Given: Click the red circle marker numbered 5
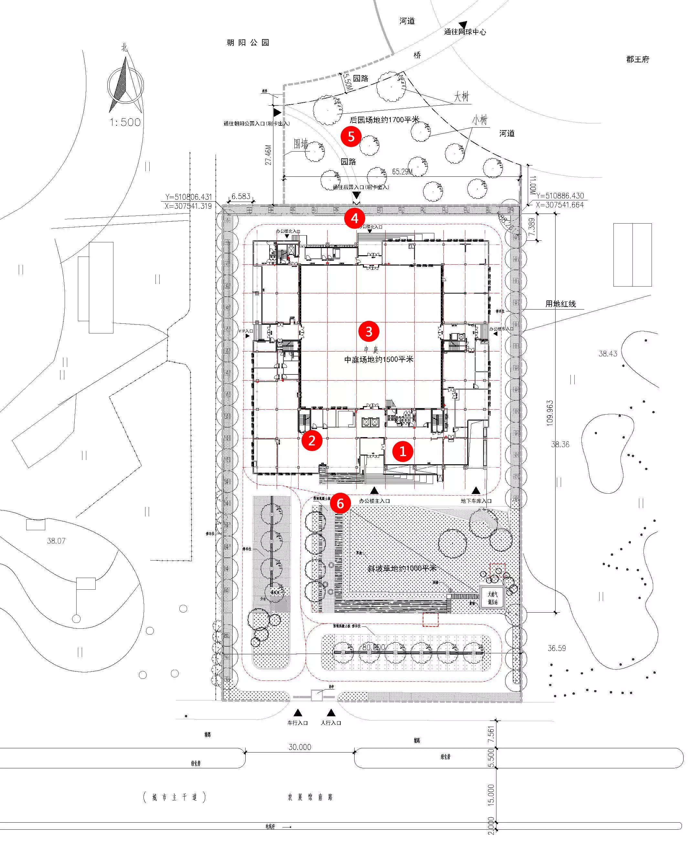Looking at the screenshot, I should point(351,137).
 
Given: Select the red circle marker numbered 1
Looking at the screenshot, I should point(403,451).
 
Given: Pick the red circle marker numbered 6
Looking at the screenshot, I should point(340,503).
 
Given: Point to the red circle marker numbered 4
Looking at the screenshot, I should point(355,218).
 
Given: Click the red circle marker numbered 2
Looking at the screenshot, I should point(312,440).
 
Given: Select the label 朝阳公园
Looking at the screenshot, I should point(248,43).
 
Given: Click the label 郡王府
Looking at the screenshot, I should point(638,59).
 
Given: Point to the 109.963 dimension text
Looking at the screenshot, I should point(550,413).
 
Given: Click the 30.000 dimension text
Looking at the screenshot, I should point(300,747).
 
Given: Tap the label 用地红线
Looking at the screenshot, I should point(560,304).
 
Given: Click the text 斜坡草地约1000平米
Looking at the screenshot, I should point(401,568).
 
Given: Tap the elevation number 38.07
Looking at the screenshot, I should point(56,541).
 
